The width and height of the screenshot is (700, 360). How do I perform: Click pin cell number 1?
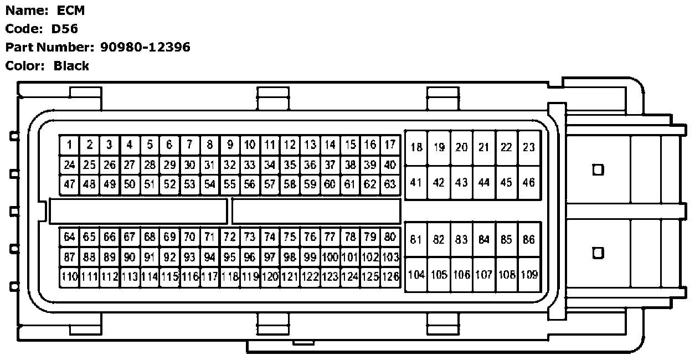[x=69, y=145]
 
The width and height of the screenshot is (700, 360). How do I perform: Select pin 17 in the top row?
[x=390, y=145]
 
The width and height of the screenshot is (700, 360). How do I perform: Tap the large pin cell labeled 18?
[x=416, y=147]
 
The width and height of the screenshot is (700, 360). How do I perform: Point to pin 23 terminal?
[x=529, y=147]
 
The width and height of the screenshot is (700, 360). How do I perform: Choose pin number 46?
[x=529, y=182]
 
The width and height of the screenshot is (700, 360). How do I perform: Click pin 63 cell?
[x=390, y=184]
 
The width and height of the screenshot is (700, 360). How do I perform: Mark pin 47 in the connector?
[x=69, y=184]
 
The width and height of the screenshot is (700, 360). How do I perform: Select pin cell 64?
[x=69, y=237]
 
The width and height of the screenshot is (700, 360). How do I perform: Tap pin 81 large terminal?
[x=416, y=240]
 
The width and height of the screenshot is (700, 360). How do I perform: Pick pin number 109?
[x=529, y=275]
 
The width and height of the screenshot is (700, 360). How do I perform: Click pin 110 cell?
[x=69, y=276]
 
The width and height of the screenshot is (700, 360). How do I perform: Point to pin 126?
[x=390, y=276]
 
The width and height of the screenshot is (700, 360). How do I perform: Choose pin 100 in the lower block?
[x=330, y=257]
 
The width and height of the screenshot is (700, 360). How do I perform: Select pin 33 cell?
[x=250, y=164]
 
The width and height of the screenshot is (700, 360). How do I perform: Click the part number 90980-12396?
[x=145, y=47]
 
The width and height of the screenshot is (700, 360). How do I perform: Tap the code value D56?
[x=65, y=29]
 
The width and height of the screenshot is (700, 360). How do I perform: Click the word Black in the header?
[x=71, y=66]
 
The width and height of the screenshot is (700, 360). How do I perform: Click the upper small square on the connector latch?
[x=598, y=169]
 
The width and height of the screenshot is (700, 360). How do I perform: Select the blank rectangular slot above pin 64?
[x=138, y=211]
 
